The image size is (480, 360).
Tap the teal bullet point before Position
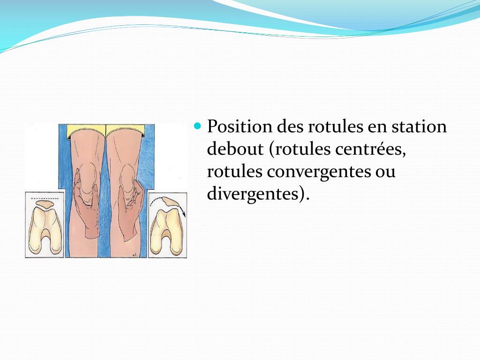click(197, 126)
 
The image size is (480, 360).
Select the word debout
click(235, 149)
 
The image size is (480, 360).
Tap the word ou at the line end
click(385, 172)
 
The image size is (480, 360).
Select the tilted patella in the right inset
click(167, 202)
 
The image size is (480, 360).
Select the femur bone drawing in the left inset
click(44, 232)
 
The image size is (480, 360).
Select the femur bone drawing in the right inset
click(166, 232)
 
